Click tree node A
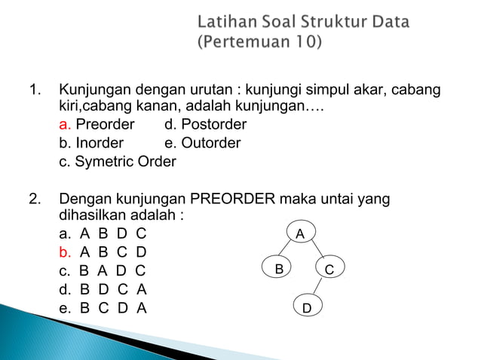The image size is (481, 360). (x=300, y=233)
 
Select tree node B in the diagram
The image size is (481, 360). (x=278, y=268)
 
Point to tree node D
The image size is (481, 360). (x=307, y=308)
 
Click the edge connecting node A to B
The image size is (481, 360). (x=290, y=251)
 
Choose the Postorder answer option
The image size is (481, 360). (x=205, y=124)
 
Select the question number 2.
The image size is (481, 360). (x=35, y=200)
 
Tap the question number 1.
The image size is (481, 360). (x=35, y=91)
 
